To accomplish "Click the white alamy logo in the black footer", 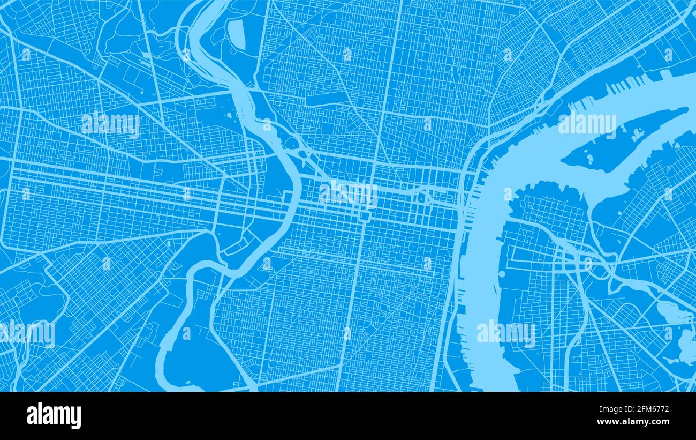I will tap(54, 416).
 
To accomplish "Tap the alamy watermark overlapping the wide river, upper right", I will tap(587, 124).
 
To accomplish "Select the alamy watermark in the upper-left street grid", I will tap(111, 124).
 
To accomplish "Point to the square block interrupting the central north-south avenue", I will tap(365, 216).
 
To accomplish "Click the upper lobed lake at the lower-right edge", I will tap(672, 314).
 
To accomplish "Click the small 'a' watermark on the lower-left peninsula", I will tap(186, 333).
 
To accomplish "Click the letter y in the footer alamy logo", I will tap(76, 418).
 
